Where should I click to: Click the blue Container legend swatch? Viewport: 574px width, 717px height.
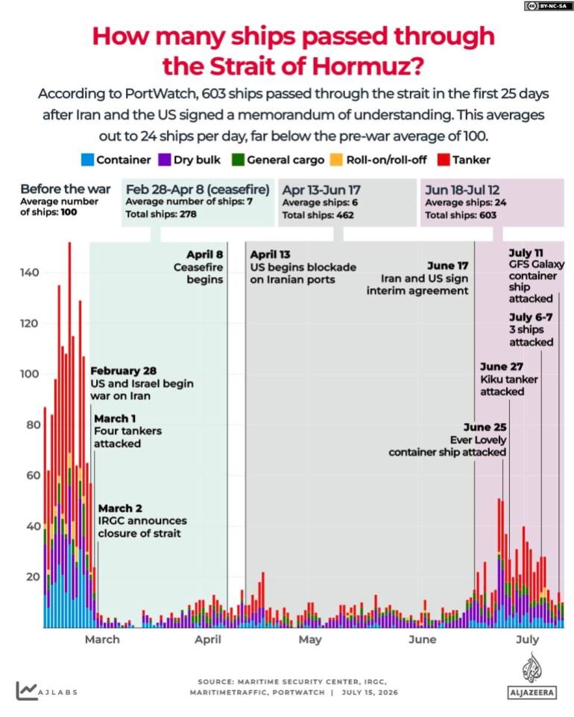(x=87, y=159)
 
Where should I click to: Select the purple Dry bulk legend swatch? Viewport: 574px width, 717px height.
(x=164, y=159)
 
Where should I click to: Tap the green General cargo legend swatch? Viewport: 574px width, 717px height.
(x=238, y=159)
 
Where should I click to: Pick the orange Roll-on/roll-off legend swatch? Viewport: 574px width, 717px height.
(x=336, y=159)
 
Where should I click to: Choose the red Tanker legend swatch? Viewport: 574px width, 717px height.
(x=444, y=159)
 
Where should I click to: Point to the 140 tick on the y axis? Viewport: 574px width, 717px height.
(x=30, y=273)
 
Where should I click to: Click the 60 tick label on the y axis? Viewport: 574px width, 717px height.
(x=34, y=476)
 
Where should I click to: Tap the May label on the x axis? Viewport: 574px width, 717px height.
(x=310, y=640)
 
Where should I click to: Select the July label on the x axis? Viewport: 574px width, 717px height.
(x=527, y=640)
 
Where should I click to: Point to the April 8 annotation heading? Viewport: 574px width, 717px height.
(x=204, y=255)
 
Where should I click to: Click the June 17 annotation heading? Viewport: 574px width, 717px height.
(x=448, y=266)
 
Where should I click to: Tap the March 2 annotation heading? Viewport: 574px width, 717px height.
(x=120, y=509)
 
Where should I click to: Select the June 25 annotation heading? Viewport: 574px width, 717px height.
(x=485, y=427)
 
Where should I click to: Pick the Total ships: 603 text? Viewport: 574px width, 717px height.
(x=461, y=215)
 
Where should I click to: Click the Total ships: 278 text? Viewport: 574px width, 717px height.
(x=161, y=214)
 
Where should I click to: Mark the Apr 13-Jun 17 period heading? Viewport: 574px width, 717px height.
(x=321, y=190)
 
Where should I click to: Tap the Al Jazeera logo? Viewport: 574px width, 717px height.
(x=532, y=675)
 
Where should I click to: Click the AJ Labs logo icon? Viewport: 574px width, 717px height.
(x=27, y=691)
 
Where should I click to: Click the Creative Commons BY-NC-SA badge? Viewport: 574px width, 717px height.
(x=548, y=6)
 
